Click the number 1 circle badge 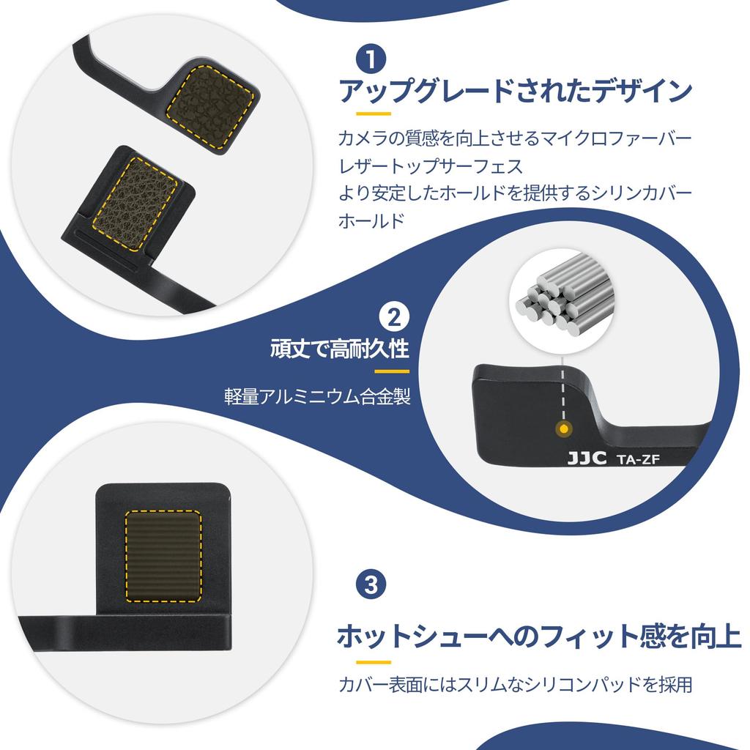point(371,59)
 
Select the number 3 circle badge point(371,584)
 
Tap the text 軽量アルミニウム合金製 point(317,397)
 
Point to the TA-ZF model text point(640,459)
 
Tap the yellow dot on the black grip point(562,428)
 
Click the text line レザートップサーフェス point(431,166)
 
